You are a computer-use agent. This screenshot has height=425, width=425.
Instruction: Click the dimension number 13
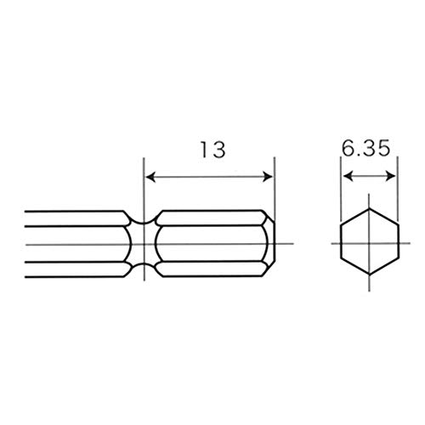(213, 150)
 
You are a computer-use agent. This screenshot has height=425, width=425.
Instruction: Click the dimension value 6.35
(365, 148)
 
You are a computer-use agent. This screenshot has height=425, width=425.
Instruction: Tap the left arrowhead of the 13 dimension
(150, 177)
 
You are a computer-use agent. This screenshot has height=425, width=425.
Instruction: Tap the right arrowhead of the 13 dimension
(268, 177)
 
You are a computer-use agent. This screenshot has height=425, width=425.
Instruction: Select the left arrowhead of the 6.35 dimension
(348, 176)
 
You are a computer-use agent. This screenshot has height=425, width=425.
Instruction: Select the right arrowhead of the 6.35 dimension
(391, 176)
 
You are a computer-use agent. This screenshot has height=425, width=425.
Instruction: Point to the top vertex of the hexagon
(369, 209)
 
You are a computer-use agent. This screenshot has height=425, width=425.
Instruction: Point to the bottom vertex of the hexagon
(369, 275)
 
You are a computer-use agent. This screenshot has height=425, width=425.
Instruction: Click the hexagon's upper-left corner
(341, 225)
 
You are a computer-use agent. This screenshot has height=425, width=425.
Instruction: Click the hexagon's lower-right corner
(398, 258)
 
